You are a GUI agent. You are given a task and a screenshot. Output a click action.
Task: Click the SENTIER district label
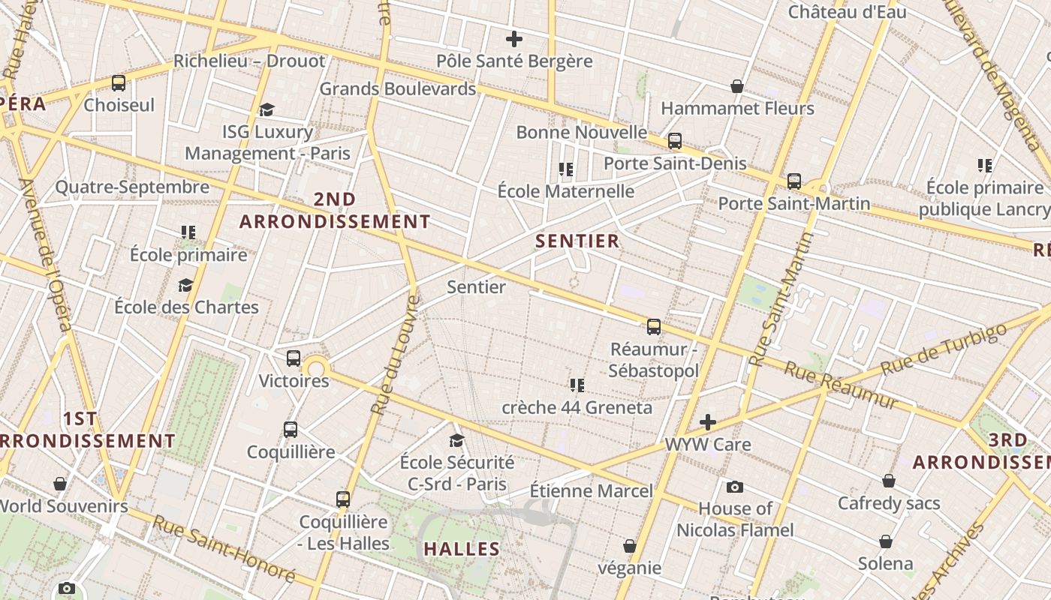tap(578, 241)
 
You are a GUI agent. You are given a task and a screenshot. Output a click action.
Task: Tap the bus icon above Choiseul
tap(119, 83)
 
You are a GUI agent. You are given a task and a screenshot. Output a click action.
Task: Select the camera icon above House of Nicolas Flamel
tap(735, 487)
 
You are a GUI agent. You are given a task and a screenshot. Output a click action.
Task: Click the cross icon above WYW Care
tap(708, 422)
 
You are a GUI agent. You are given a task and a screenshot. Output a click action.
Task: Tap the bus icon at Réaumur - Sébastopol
tap(654, 327)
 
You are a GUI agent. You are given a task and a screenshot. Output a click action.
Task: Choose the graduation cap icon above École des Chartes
tap(185, 285)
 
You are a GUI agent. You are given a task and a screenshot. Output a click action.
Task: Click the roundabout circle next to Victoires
tap(317, 367)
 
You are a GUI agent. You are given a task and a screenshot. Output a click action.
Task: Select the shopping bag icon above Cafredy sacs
tap(889, 481)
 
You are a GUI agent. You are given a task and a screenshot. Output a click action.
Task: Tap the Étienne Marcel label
tap(592, 491)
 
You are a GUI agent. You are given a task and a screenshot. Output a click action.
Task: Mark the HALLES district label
tap(462, 549)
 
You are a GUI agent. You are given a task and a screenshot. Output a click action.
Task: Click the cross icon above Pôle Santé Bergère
tap(514, 39)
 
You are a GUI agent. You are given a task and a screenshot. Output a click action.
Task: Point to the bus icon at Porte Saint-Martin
tap(794, 181)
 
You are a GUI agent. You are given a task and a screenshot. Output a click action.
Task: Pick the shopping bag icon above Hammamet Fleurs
tap(737, 86)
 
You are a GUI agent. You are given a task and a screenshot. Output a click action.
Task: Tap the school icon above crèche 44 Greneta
tap(577, 385)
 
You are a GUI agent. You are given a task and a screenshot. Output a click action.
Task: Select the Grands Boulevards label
tap(398, 88)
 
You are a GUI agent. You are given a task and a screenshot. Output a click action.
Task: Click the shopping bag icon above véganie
tap(630, 546)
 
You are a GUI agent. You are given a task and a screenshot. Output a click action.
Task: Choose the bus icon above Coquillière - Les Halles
tap(343, 499)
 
